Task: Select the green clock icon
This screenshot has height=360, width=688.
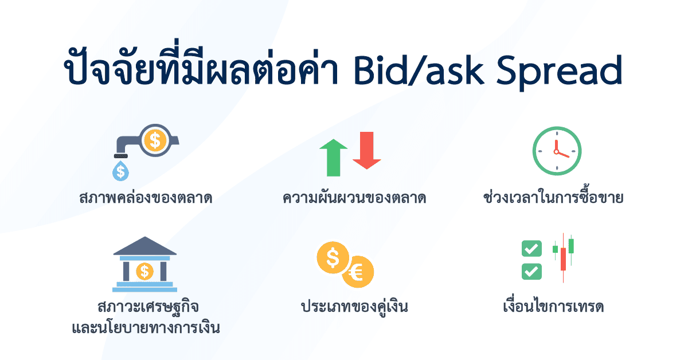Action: (x=557, y=151)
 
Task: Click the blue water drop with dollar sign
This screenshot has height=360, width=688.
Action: (x=120, y=170)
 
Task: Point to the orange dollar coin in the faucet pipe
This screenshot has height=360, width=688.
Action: (x=154, y=140)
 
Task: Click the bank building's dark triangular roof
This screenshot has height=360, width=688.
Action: (x=145, y=246)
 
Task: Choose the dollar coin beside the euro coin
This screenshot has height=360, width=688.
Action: (x=333, y=258)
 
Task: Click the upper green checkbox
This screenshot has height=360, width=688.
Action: (x=531, y=249)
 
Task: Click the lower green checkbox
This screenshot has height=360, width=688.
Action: (x=531, y=271)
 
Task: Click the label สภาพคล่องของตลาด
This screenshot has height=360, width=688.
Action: (x=146, y=198)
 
